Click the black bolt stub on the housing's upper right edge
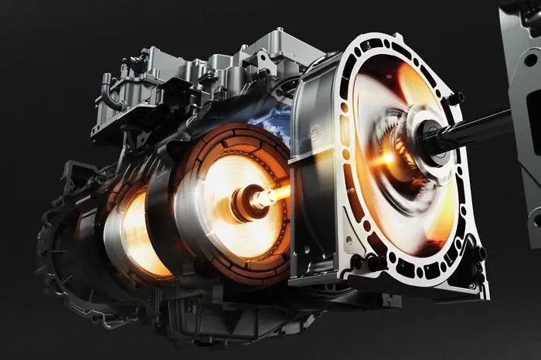[x=457, y=98]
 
